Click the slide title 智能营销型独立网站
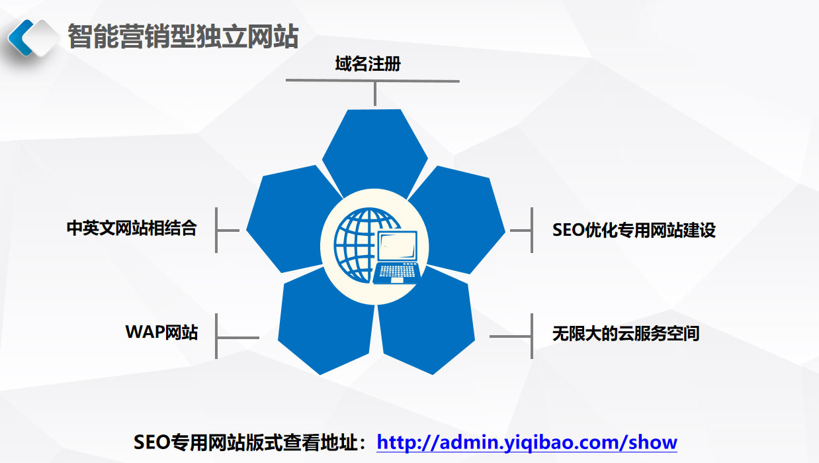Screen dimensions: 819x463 pos(183,36)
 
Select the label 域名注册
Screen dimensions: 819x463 pos(368,64)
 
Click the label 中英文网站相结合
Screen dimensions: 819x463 pos(132,228)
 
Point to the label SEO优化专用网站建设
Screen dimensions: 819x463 pos(634,231)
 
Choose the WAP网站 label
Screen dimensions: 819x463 pos(161,332)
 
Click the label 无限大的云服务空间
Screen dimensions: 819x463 pos(626,333)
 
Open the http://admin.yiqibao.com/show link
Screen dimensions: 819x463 pos(527,442)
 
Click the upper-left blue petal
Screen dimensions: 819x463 pos(292,220)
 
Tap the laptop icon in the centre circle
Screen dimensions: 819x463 pos(397,258)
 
